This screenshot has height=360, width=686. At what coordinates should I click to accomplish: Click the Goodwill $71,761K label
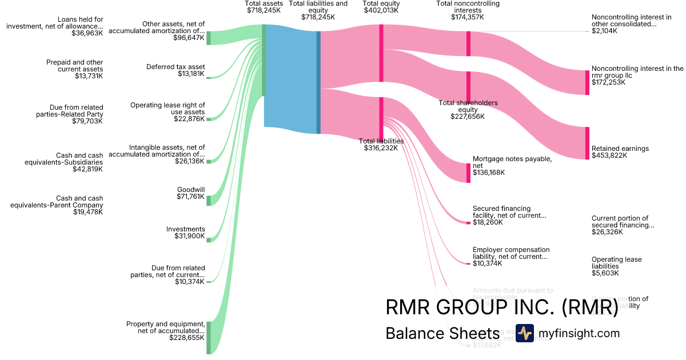point(190,193)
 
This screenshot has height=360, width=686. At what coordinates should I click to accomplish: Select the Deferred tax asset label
point(176,70)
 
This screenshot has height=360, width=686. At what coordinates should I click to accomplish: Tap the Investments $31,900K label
point(185,233)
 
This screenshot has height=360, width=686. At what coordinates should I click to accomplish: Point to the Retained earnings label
point(620,152)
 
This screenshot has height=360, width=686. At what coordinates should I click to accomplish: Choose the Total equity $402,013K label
point(381,7)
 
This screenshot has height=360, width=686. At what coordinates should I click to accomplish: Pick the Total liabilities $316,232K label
point(381,145)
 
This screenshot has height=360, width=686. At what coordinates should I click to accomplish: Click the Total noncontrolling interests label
point(468,10)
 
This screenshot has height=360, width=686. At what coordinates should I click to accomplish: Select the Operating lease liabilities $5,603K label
point(616,266)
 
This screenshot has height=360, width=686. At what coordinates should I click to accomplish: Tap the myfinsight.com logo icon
point(524,333)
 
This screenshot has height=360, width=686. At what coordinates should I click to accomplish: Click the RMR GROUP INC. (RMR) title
point(502,307)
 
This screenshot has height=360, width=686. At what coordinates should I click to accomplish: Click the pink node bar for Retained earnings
point(587,143)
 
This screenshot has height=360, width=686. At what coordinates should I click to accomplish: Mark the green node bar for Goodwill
point(209,200)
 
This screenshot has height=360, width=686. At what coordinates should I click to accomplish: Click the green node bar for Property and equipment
point(209,337)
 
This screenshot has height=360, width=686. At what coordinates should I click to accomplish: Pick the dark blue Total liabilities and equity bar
point(318,82)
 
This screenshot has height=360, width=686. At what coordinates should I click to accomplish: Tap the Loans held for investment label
point(54,26)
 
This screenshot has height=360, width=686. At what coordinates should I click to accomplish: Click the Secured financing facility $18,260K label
point(509,215)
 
